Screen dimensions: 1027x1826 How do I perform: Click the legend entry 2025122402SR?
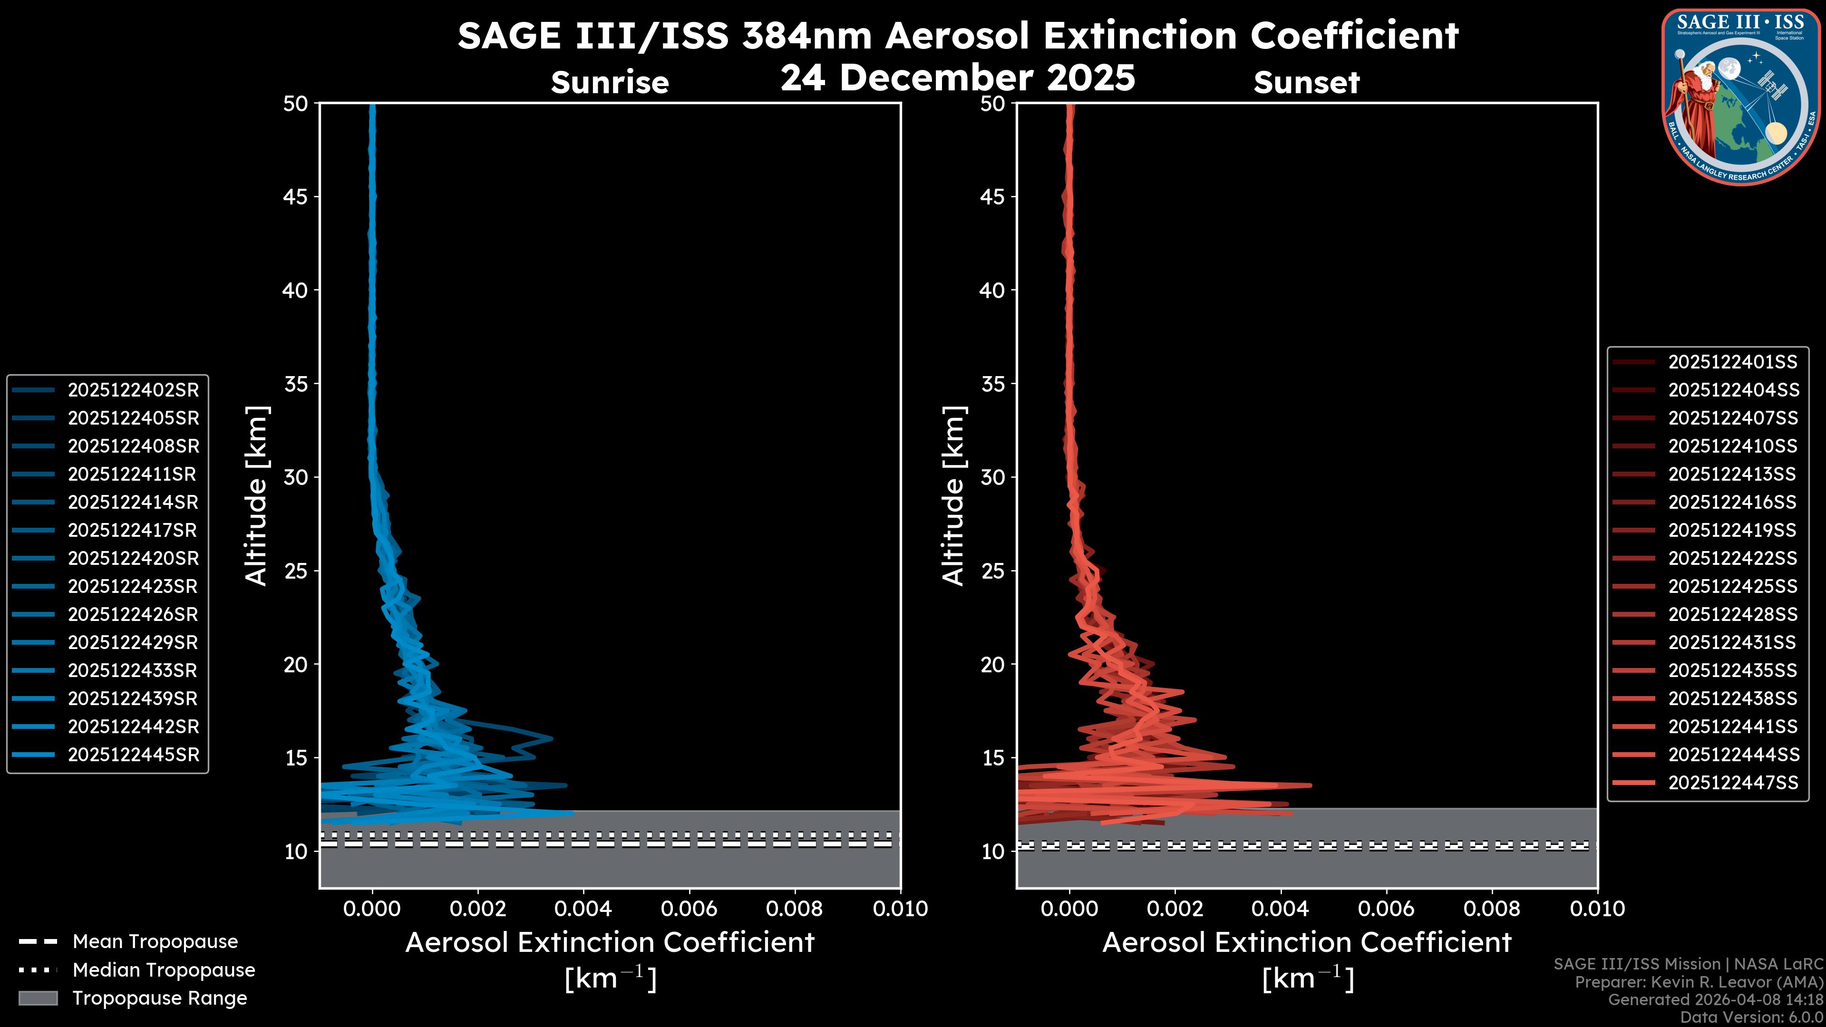tap(133, 390)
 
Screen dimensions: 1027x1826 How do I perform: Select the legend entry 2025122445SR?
tap(133, 755)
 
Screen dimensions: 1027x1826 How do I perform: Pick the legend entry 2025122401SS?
tap(1732, 362)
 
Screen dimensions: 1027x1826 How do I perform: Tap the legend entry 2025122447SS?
tap(1732, 783)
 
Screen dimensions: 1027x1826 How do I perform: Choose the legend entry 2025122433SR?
tap(133, 670)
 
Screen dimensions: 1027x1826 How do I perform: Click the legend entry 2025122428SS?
tap(1732, 614)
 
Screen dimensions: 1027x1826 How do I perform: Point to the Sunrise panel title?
tap(610, 83)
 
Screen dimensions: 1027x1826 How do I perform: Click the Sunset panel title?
tap(1306, 83)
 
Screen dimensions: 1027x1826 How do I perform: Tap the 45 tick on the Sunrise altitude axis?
tap(296, 197)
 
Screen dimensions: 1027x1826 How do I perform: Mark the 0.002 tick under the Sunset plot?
tap(1175, 909)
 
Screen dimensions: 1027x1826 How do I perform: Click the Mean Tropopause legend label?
tap(155, 942)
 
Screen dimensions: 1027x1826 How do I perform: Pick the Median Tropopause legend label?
tap(164, 970)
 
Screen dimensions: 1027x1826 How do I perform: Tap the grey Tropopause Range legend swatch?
tap(38, 998)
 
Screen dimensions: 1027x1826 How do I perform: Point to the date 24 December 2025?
tap(958, 77)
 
